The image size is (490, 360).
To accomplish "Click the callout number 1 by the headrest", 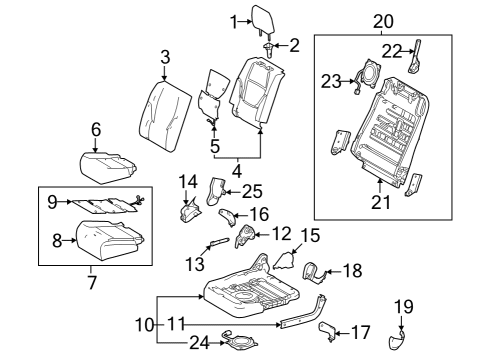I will (x=233, y=22).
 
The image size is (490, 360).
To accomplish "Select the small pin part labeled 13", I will (x=218, y=242).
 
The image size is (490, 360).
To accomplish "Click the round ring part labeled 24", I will (x=240, y=343).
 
